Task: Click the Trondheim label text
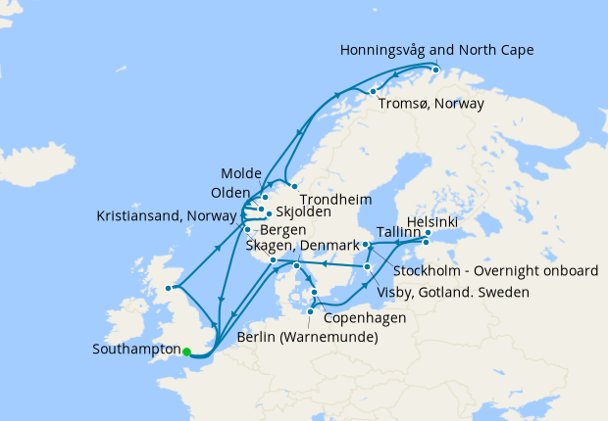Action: (x=328, y=197)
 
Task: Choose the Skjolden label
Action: (x=303, y=211)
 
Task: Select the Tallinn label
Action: (x=399, y=233)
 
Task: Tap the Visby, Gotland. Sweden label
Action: (x=453, y=292)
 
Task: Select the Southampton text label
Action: (x=134, y=349)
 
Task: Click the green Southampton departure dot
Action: (x=186, y=351)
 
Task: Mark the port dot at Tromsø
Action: (x=374, y=92)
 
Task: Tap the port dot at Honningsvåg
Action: (x=435, y=70)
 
